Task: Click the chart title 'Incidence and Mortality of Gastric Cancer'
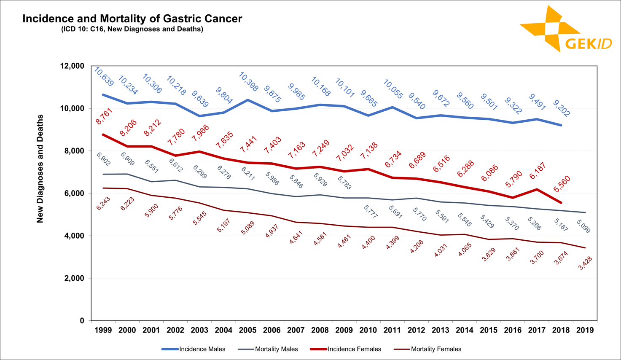(x=132, y=19)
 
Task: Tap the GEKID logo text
(x=588, y=44)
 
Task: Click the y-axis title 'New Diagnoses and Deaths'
(x=40, y=169)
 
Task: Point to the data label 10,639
(x=104, y=77)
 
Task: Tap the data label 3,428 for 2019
(x=585, y=263)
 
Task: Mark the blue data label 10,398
(x=248, y=82)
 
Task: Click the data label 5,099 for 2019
(x=583, y=226)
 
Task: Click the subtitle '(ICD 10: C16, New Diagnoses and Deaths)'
(x=132, y=29)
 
